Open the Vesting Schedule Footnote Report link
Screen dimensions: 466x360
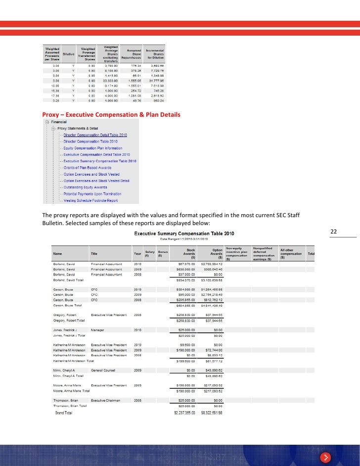coord(90,200)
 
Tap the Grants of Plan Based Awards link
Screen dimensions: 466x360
coord(87,167)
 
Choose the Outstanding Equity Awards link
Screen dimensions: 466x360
coord(85,187)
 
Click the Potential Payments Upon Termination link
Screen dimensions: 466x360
coord(92,193)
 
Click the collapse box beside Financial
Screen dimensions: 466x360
coord(46,122)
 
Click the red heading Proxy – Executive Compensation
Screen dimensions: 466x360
coord(111,115)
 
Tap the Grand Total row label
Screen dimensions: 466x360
coord(63,412)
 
